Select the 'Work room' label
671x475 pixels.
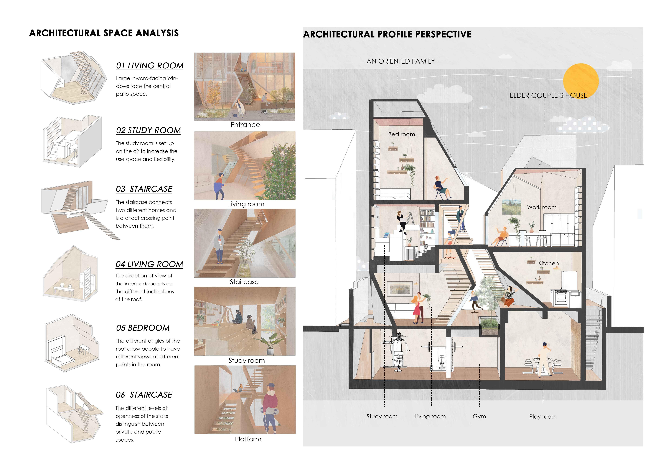pos(542,207)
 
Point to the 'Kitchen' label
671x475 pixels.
pos(548,263)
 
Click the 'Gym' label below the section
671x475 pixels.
pos(479,416)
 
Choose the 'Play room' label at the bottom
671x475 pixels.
pos(543,417)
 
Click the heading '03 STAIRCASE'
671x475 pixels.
pos(144,189)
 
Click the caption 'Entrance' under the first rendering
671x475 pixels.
pos(245,125)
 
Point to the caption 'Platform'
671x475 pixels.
pos(248,439)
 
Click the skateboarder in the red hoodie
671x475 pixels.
pos(270,407)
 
